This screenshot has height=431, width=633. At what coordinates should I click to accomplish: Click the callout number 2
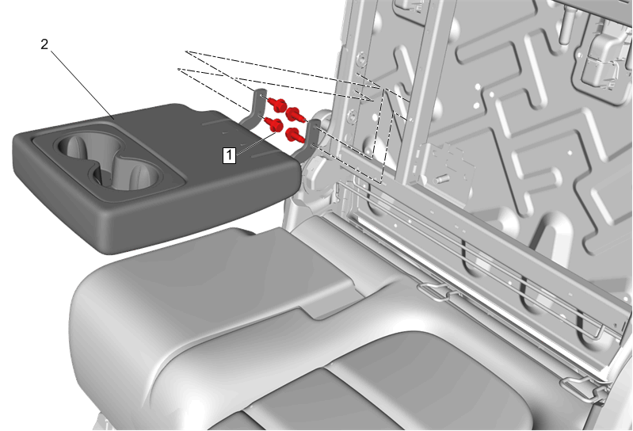tap(44, 44)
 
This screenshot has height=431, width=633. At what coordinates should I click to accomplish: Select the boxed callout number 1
tap(229, 155)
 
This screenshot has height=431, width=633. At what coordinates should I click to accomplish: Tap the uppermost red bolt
tap(277, 104)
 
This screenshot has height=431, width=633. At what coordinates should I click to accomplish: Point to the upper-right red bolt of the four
tap(296, 114)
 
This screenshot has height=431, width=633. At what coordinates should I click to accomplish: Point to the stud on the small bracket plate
tap(441, 178)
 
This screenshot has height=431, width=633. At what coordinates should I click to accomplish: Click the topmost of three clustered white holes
tap(478, 86)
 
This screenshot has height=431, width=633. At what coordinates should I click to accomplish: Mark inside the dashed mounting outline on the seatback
tap(383, 133)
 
